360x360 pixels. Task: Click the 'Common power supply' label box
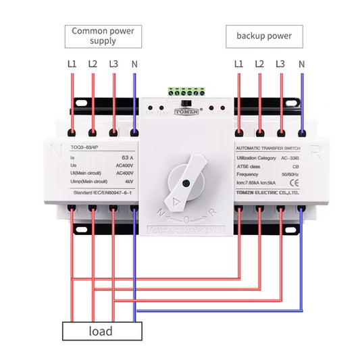(103, 36)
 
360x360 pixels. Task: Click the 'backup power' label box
(264, 36)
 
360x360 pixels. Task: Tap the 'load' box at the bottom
(102, 331)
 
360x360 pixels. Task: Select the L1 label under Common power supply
(72, 64)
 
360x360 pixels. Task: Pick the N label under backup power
(301, 64)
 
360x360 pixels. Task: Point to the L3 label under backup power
(280, 64)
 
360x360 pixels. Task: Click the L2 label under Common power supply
(93, 64)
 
